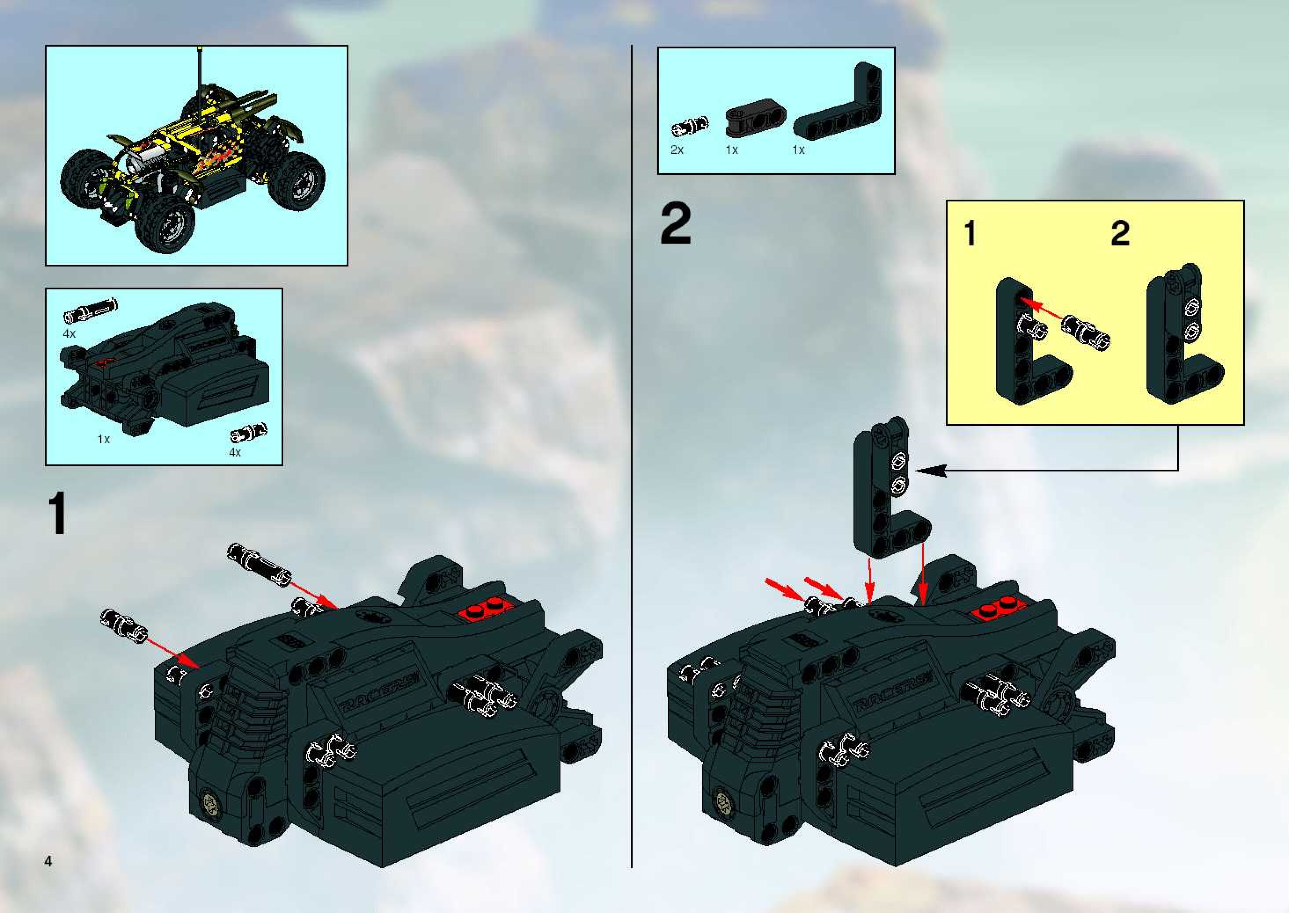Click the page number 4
click(x=48, y=861)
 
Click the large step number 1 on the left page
click(x=59, y=513)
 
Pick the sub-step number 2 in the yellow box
click(x=1120, y=234)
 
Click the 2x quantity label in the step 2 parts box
click(x=677, y=150)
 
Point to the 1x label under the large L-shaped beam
click(x=798, y=150)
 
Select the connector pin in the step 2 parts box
click(x=690, y=127)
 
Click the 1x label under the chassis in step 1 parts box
click(x=103, y=439)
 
